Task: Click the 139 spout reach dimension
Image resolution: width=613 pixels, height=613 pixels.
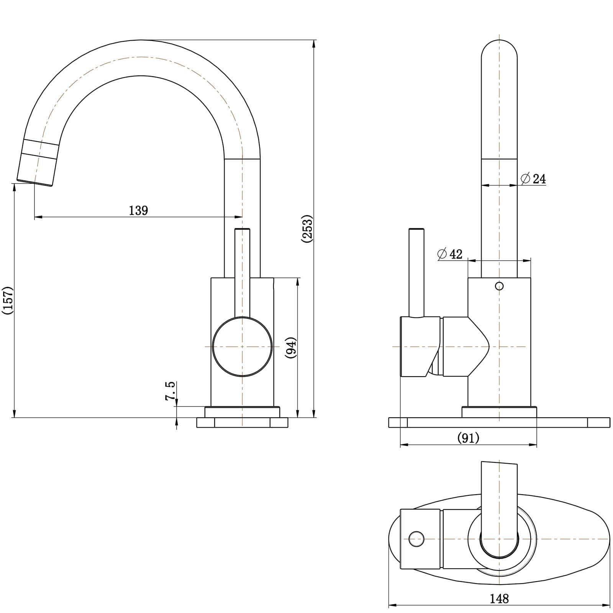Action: point(138,210)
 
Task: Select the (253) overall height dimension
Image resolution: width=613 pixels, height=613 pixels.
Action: point(308,229)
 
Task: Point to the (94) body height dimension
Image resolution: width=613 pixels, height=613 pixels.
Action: point(291,347)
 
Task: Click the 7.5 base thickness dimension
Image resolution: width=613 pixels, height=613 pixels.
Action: point(170,391)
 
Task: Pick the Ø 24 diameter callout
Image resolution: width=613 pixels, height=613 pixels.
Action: point(533,179)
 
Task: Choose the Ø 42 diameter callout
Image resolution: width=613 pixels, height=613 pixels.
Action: point(450,254)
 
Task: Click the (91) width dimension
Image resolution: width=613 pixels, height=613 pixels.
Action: point(468,438)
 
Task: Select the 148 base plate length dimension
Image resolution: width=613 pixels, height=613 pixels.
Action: point(499,598)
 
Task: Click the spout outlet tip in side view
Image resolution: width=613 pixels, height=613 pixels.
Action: point(35,182)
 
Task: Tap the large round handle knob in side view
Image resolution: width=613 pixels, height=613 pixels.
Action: point(242,347)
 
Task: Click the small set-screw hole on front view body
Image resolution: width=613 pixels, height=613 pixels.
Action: point(499,286)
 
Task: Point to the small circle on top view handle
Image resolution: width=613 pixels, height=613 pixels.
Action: point(416,539)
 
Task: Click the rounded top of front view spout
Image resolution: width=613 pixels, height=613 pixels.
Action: point(499,46)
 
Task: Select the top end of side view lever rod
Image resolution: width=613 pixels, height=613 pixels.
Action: point(242,230)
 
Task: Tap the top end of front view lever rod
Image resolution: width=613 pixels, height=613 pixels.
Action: point(416,230)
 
